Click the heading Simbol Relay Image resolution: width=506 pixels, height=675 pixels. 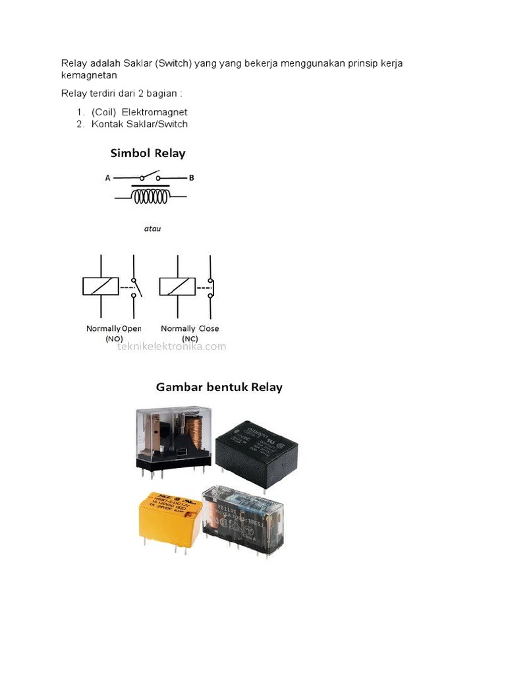(148, 153)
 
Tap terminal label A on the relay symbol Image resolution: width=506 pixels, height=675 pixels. (107, 177)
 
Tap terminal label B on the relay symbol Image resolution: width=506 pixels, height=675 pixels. (191, 177)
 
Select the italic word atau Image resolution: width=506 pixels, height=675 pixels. (152, 229)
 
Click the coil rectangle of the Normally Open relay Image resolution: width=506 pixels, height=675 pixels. (101, 285)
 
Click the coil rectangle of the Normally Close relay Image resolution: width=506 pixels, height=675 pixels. (177, 285)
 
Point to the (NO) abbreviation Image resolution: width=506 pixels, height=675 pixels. (114, 338)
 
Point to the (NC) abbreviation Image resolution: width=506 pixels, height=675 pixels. (190, 338)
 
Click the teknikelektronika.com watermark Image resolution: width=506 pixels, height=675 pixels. (171, 346)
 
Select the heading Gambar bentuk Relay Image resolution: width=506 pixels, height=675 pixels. (219, 387)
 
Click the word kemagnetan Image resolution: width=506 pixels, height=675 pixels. (89, 75)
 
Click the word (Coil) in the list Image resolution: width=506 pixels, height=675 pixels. (104, 113)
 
